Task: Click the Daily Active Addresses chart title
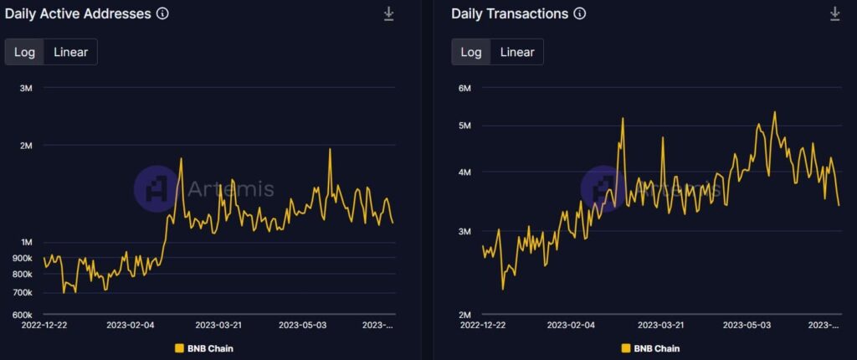pyautogui.click(x=78, y=13)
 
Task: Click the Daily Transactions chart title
pyautogui.click(x=510, y=13)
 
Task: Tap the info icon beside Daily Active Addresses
pyautogui.click(x=162, y=13)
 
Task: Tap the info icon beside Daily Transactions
pyautogui.click(x=580, y=13)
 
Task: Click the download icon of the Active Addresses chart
pyautogui.click(x=388, y=13)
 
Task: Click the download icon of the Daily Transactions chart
pyautogui.click(x=834, y=13)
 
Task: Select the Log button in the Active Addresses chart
pyautogui.click(x=24, y=52)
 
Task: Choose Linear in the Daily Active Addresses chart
pyautogui.click(x=70, y=52)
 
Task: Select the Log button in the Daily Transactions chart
pyautogui.click(x=471, y=52)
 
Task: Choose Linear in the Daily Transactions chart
pyautogui.click(x=517, y=52)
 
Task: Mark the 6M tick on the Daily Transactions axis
pyautogui.click(x=464, y=88)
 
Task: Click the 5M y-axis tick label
pyautogui.click(x=464, y=126)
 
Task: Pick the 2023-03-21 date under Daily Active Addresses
pyautogui.click(x=218, y=325)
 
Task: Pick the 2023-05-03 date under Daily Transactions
pyautogui.click(x=747, y=325)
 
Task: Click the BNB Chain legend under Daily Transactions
pyautogui.click(x=650, y=348)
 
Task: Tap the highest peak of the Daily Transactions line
pyautogui.click(x=774, y=111)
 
